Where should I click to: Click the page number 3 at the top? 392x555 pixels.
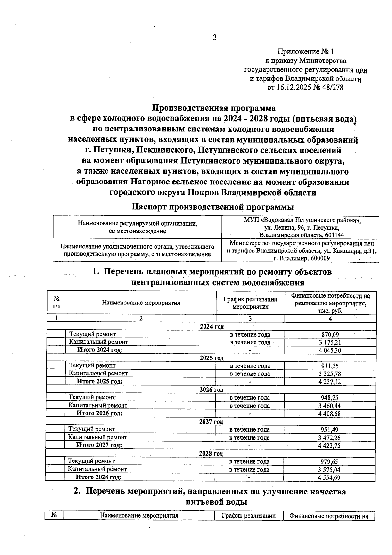pos(215,38)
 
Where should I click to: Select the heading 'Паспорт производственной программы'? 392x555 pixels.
pos(212,207)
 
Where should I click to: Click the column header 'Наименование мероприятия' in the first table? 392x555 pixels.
pos(141,303)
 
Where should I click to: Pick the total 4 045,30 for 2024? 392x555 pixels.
pos(330,350)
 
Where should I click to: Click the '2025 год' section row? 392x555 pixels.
pos(211,358)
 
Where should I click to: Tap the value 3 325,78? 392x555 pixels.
pos(330,374)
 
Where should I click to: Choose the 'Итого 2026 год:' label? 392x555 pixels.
pos(99,413)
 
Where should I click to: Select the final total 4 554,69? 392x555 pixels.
pos(330,477)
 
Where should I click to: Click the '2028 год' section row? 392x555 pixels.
pos(211,454)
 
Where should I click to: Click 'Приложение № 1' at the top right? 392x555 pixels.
pos(305,52)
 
